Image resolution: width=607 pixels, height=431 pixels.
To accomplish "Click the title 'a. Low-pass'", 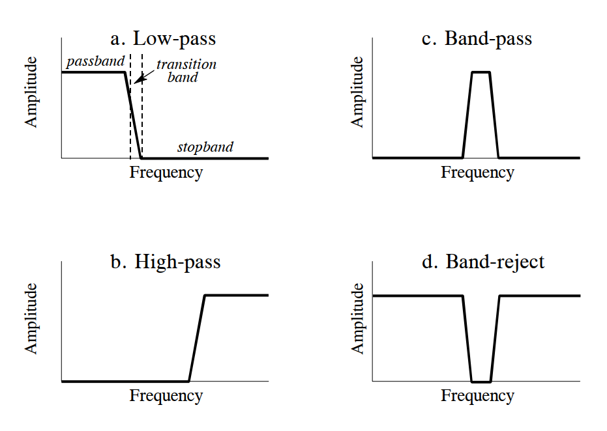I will coord(163,39).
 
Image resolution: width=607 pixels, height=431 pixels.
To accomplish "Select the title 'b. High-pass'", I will coord(166,262).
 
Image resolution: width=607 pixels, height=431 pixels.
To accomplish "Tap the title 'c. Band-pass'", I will coord(477,39).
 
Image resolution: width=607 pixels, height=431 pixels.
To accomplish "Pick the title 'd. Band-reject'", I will coord(483,262).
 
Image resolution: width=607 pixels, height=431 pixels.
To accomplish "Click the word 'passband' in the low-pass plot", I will coord(95,63).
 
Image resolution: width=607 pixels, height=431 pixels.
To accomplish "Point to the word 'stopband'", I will coord(205,147).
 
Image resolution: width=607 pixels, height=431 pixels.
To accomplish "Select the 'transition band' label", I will coord(186,71).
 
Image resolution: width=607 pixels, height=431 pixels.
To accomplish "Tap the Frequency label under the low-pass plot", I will coord(166,173).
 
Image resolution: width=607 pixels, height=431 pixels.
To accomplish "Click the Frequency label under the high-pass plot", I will coord(166,396).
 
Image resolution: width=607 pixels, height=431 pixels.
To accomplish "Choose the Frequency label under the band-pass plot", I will coord(477,173).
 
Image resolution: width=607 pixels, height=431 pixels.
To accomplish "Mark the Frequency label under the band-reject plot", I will coord(477,396).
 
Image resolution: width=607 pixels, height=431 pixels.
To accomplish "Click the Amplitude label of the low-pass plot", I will coord(32,92).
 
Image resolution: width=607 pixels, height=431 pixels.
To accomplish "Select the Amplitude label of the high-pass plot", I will coord(32,318).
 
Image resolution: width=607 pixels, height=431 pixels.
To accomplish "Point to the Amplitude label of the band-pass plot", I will coord(357,92).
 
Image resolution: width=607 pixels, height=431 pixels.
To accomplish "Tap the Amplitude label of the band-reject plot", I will coord(357,318).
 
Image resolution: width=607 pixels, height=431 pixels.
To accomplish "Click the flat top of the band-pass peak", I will coord(481,72).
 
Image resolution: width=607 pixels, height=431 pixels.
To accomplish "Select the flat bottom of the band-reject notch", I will coord(481,382).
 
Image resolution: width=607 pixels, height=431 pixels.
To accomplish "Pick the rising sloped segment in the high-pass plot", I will coord(197,338).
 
